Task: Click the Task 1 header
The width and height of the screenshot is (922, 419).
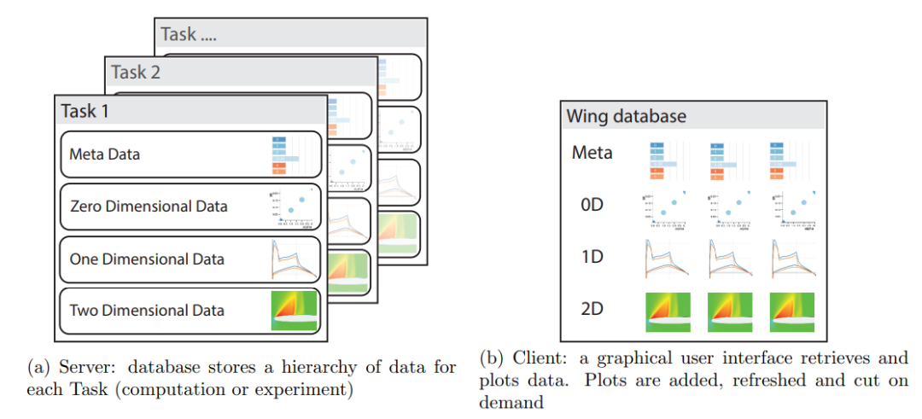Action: pos(85,110)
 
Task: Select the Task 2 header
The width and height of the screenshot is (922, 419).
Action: pos(136,72)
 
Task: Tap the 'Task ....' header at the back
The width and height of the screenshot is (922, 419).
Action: pos(191,35)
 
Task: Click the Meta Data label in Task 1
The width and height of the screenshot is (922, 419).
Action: pos(105,154)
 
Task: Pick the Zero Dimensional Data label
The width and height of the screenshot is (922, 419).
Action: pos(149,207)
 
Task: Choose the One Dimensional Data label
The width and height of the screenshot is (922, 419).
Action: pos(147,259)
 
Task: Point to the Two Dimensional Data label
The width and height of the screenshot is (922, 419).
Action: pos(147,311)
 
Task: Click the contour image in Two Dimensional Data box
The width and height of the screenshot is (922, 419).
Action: pos(295,311)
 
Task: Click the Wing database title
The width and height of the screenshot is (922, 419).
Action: pos(627,116)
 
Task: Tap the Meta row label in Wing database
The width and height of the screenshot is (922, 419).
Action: pos(592,153)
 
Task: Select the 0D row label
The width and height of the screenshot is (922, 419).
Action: pos(592,207)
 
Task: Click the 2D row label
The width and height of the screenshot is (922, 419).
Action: pos(592,308)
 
